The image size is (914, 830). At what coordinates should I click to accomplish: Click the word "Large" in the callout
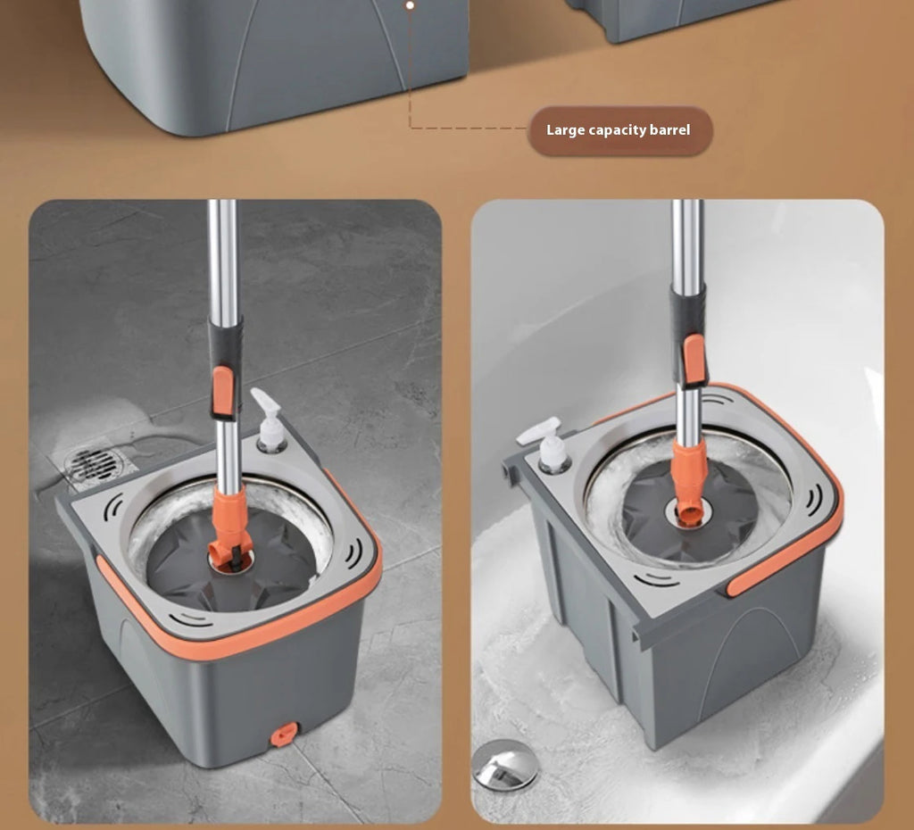565,129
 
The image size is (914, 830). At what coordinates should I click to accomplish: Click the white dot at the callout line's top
410,5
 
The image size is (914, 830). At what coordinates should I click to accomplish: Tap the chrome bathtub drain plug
505,764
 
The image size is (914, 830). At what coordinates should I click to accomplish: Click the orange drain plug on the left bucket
284,735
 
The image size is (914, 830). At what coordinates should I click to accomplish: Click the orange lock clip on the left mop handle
222,392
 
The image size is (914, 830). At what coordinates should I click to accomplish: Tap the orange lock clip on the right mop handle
694,359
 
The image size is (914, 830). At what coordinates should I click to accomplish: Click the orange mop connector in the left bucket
230,529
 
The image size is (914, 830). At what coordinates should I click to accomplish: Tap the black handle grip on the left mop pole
225,367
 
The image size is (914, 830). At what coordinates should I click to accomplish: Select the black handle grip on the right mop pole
689,336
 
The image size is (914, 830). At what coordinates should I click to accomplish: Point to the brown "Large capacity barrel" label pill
619,130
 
